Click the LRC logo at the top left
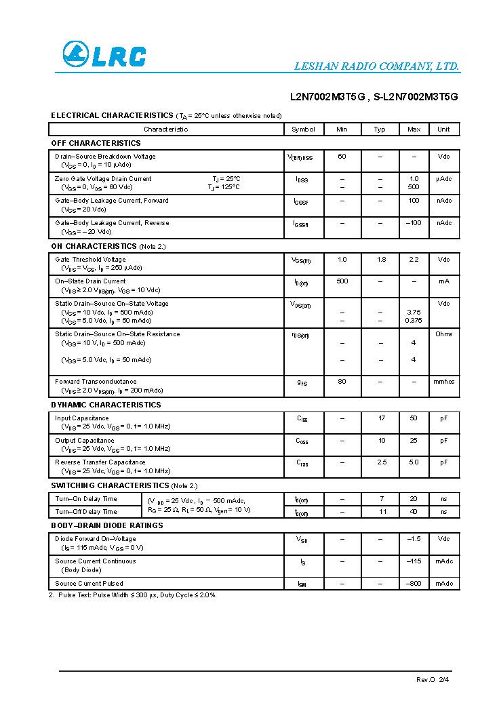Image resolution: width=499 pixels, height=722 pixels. (x=104, y=55)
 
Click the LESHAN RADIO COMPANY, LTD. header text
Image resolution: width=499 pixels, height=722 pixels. (x=376, y=66)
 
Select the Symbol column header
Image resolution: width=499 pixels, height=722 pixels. (x=303, y=129)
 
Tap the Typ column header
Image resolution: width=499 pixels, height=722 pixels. (x=380, y=129)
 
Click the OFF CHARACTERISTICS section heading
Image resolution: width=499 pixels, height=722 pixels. (x=96, y=143)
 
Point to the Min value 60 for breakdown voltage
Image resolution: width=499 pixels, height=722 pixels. (x=342, y=157)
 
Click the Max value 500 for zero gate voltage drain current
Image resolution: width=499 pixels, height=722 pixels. (x=414, y=187)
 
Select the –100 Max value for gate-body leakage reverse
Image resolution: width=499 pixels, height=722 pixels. (x=414, y=223)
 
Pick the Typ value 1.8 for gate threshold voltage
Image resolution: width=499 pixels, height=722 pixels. (x=381, y=260)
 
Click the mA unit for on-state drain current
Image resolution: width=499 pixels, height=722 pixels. (x=443, y=281)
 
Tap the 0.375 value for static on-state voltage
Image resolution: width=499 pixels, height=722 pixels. (x=414, y=321)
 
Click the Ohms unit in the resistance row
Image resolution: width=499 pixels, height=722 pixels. (x=443, y=334)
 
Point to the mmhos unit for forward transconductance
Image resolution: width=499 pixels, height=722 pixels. (x=443, y=382)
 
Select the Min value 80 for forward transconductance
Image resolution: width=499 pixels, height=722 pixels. (x=342, y=382)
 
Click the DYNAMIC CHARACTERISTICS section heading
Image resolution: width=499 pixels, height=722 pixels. (x=106, y=405)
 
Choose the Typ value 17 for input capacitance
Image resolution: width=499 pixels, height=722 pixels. (x=381, y=418)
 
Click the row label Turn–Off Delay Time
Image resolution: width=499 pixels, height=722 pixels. (x=86, y=512)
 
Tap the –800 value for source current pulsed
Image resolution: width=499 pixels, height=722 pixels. (x=414, y=584)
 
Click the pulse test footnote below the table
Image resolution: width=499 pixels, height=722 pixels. (x=133, y=595)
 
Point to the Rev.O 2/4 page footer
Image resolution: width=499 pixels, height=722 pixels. (x=433, y=679)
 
